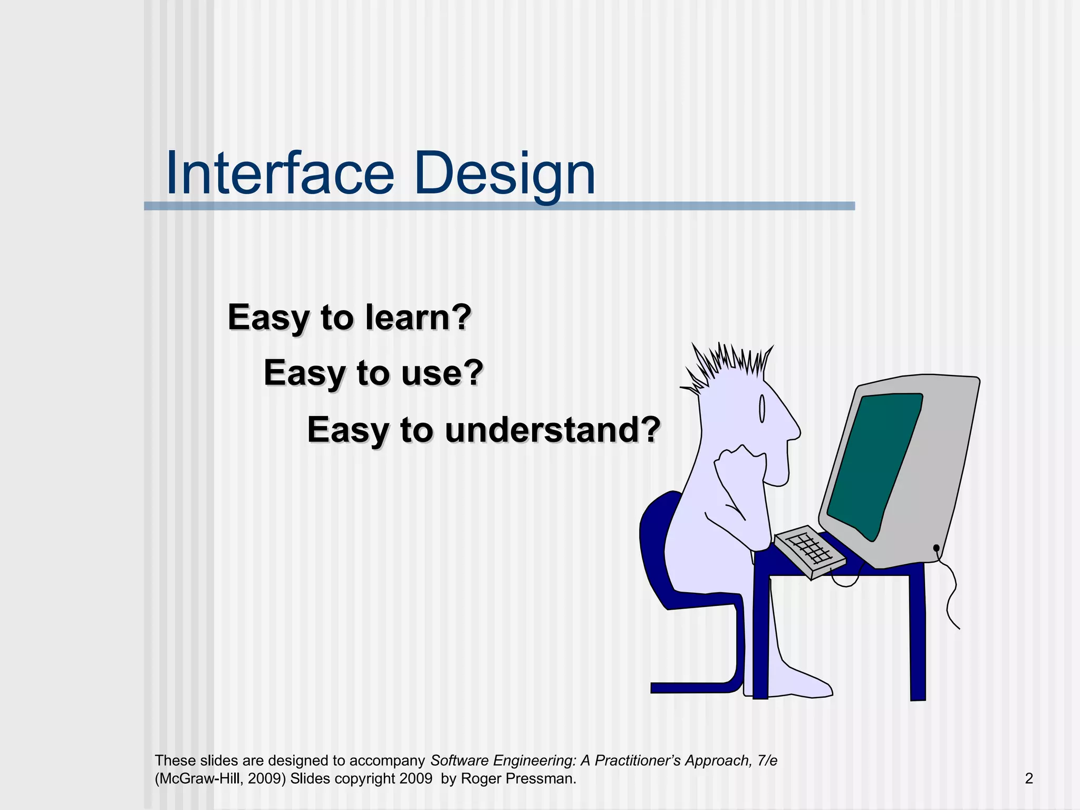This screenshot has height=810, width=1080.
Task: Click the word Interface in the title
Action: tap(279, 173)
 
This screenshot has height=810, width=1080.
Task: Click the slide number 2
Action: tap(1029, 778)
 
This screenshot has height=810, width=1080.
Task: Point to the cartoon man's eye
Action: tap(761, 409)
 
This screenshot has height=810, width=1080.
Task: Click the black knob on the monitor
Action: tap(936, 548)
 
